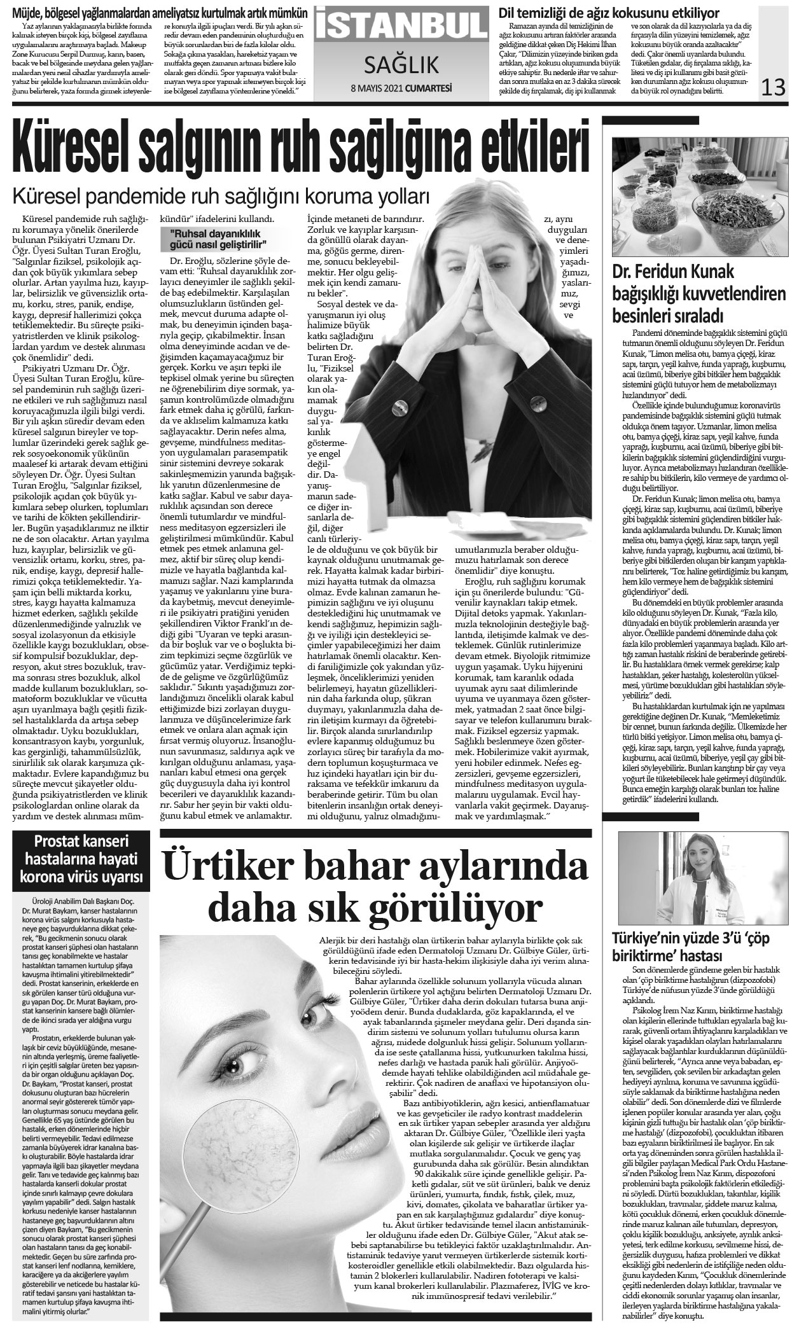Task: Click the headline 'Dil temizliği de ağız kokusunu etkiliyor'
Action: point(609,13)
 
